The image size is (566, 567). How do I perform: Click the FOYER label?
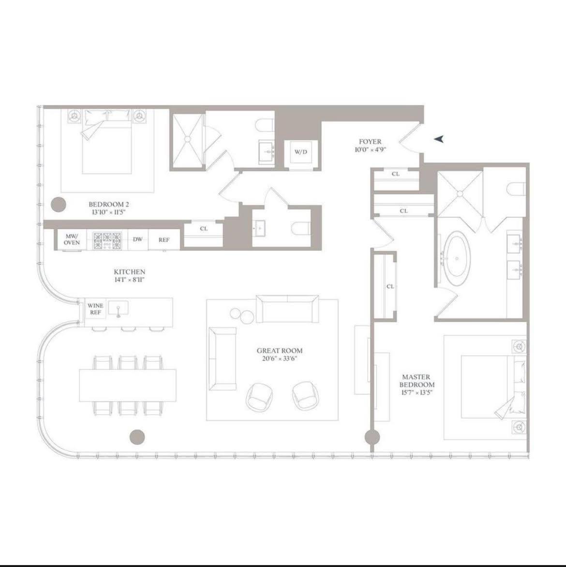370,141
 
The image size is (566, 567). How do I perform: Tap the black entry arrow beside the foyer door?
439,139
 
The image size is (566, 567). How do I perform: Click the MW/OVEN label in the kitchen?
72,239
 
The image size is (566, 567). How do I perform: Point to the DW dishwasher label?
137,240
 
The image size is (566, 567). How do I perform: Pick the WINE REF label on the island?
95,309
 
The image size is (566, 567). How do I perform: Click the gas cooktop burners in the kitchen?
107,240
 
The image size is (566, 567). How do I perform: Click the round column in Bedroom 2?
58,204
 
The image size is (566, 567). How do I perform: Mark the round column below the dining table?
137,437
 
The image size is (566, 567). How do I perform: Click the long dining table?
128,385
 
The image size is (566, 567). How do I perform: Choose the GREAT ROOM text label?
280,351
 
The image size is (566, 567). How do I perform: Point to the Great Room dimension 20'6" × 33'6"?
280,359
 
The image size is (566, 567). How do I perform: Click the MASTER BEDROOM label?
417,381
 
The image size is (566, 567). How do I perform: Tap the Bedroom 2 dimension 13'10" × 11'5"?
109,212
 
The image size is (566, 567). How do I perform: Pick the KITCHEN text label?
129,272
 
